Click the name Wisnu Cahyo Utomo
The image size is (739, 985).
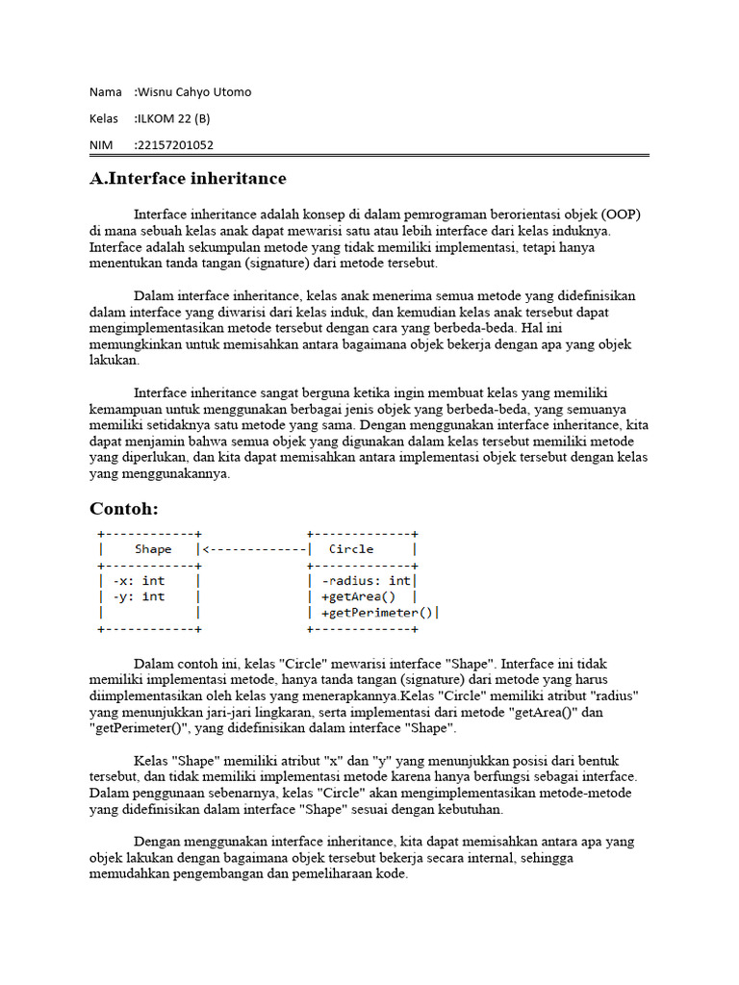click(194, 92)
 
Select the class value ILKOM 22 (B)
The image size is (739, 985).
click(173, 119)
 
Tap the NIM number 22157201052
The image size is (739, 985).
click(175, 145)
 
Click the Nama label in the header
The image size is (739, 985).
click(105, 92)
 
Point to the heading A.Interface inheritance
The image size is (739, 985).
click(188, 179)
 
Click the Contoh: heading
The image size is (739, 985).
click(124, 508)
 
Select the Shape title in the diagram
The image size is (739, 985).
click(153, 549)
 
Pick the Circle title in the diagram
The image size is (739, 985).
click(351, 549)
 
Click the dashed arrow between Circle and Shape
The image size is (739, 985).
click(254, 549)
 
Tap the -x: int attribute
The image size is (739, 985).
click(139, 581)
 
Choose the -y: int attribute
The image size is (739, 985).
click(139, 596)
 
